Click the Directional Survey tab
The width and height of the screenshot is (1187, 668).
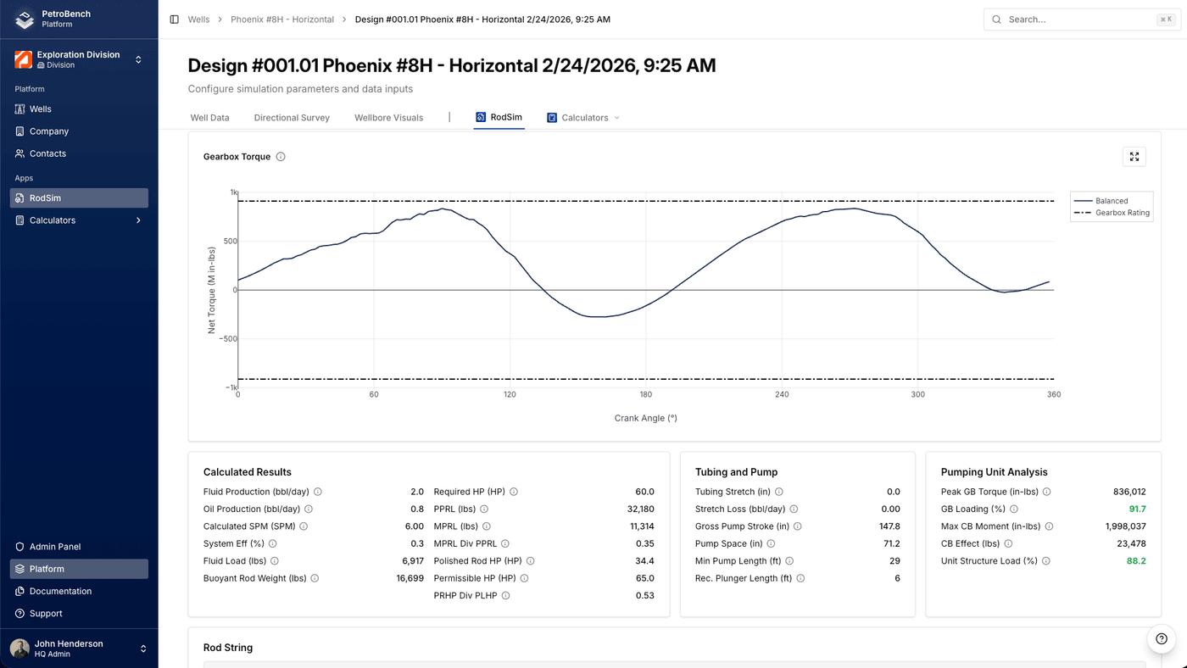tap(292, 118)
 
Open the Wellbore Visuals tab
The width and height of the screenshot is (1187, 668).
tap(388, 118)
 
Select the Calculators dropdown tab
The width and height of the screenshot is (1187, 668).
tap(585, 118)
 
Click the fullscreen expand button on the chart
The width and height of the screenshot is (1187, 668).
tap(1134, 157)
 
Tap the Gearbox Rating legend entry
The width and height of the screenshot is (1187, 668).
tap(1122, 213)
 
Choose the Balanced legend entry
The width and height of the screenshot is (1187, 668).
tap(1111, 201)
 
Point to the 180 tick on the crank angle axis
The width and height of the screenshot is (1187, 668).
tap(646, 394)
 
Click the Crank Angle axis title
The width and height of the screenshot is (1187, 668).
tap(646, 418)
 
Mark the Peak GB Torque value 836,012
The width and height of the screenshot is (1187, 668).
tap(1129, 492)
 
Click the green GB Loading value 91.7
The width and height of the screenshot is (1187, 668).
tap(1137, 509)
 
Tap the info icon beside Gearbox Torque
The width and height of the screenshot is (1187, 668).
tap(281, 157)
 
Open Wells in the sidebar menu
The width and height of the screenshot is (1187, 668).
tap(41, 109)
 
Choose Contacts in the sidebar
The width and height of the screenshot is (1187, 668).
tap(47, 153)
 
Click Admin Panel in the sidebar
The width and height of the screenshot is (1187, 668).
tap(55, 547)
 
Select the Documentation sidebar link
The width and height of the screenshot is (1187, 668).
tap(60, 591)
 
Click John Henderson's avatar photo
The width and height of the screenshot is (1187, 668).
tap(20, 649)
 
